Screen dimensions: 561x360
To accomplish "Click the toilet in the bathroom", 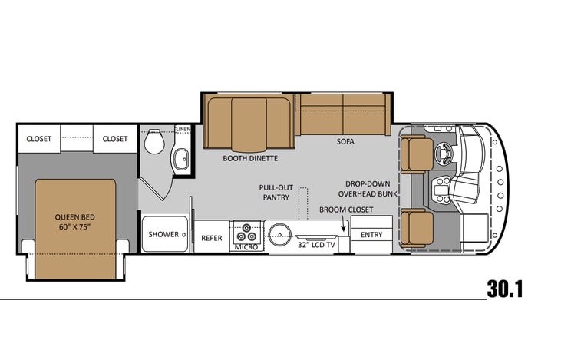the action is click(x=154, y=141).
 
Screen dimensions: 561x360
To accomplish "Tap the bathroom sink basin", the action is click(x=181, y=159).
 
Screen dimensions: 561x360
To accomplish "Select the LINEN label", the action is click(x=183, y=129).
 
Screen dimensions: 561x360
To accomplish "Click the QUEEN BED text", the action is click(x=74, y=217).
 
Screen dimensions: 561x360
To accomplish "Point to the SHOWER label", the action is click(x=163, y=234).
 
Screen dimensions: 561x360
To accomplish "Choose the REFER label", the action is click(x=212, y=238).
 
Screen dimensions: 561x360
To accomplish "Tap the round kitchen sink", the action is click(x=280, y=235).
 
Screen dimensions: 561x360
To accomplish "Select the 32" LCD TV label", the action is click(x=316, y=245).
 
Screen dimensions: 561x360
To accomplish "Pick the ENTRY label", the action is click(x=371, y=235).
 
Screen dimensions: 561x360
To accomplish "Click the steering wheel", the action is click(x=444, y=154).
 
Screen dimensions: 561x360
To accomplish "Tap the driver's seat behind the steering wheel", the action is click(x=417, y=154).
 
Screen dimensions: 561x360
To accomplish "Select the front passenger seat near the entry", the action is click(x=417, y=228).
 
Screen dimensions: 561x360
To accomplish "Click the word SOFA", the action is click(x=345, y=142).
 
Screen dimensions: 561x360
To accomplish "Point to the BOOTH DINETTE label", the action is click(x=250, y=158).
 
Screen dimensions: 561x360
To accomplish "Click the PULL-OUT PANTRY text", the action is click(x=276, y=192).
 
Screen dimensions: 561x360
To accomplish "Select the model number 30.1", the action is click(x=504, y=289).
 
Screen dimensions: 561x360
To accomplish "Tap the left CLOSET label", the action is click(x=39, y=139).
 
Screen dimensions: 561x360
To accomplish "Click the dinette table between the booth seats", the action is click(x=249, y=124).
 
